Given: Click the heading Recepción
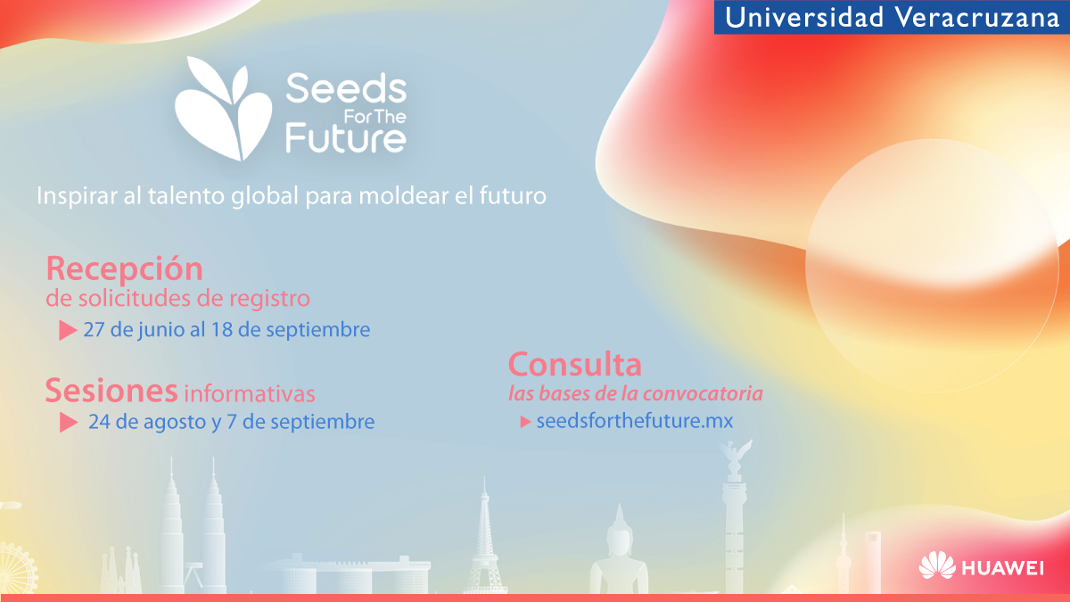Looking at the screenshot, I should [124, 268].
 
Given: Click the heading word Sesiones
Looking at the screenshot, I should [111, 391].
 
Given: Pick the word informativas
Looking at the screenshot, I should [250, 393].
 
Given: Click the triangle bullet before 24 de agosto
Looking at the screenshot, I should [69, 423].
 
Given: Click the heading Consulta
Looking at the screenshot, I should [574, 365].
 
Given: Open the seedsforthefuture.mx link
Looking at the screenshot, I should [634, 421].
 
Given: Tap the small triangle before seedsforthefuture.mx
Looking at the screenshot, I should [525, 421].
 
